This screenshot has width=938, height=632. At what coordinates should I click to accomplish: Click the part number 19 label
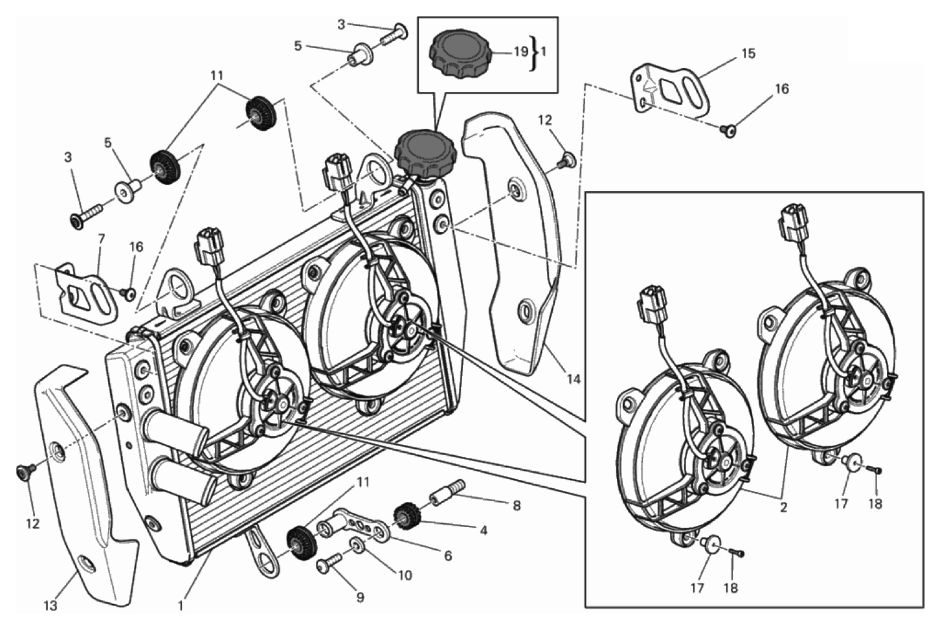click(x=521, y=52)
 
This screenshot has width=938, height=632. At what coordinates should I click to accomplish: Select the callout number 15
click(x=748, y=54)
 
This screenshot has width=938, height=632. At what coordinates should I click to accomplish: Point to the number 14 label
click(x=574, y=379)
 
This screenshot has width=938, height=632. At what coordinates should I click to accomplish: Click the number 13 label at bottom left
click(x=50, y=606)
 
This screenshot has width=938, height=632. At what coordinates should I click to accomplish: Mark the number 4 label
click(x=483, y=530)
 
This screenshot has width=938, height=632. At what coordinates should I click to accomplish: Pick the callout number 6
click(x=447, y=556)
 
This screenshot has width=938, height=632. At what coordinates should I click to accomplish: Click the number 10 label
click(x=405, y=575)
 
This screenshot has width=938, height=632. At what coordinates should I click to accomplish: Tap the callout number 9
click(x=360, y=598)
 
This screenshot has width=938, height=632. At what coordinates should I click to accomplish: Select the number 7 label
click(x=101, y=239)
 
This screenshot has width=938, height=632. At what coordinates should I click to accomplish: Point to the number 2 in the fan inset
click(x=783, y=507)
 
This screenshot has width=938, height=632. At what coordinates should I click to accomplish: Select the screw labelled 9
click(x=328, y=566)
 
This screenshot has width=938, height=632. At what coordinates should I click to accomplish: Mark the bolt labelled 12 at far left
click(x=24, y=473)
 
